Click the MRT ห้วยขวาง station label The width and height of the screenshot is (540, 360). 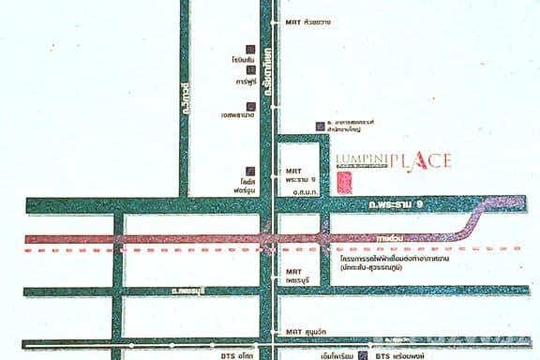click(x=307, y=21)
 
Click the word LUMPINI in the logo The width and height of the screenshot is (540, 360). click(x=357, y=160)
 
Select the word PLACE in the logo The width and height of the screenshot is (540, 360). click(x=425, y=160)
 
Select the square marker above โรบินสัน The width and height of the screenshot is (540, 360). click(x=251, y=48)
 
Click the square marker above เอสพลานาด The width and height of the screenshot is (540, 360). click(x=251, y=106)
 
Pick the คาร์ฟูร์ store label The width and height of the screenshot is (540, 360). click(x=247, y=82)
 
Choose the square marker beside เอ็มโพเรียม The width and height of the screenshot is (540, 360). click(x=356, y=356)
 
